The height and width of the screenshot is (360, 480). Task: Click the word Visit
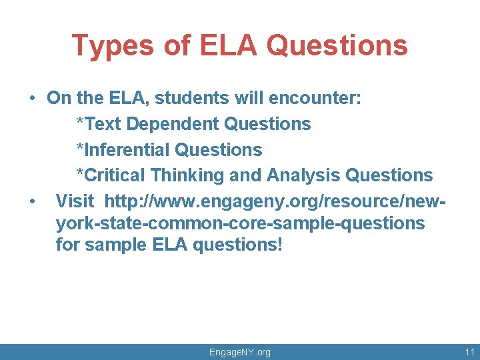pyautogui.click(x=75, y=201)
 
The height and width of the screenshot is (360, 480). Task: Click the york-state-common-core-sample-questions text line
pyautogui.click(x=240, y=223)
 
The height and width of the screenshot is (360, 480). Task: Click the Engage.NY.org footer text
pyautogui.click(x=240, y=352)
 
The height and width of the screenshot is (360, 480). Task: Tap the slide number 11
pyautogui.click(x=469, y=352)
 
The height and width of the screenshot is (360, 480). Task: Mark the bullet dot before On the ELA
pyautogui.click(x=32, y=99)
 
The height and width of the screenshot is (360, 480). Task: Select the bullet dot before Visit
pyautogui.click(x=32, y=201)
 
